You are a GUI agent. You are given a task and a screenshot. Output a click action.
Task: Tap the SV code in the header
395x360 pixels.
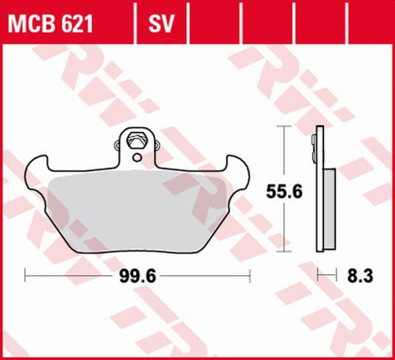161,23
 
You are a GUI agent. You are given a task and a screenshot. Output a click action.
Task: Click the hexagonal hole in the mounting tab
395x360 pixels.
137,140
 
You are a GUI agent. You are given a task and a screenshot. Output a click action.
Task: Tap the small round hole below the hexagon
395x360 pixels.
137,158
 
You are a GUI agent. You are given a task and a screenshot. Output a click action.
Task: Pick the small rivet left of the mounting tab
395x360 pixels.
117,146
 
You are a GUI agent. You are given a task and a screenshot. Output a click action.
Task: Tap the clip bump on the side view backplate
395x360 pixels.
314,148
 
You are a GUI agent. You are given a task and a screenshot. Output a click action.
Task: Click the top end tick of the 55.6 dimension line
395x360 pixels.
283,127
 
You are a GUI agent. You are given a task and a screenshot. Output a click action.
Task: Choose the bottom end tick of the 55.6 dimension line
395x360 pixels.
283,252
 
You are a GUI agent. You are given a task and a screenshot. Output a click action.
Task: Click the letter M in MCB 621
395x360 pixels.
18,23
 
